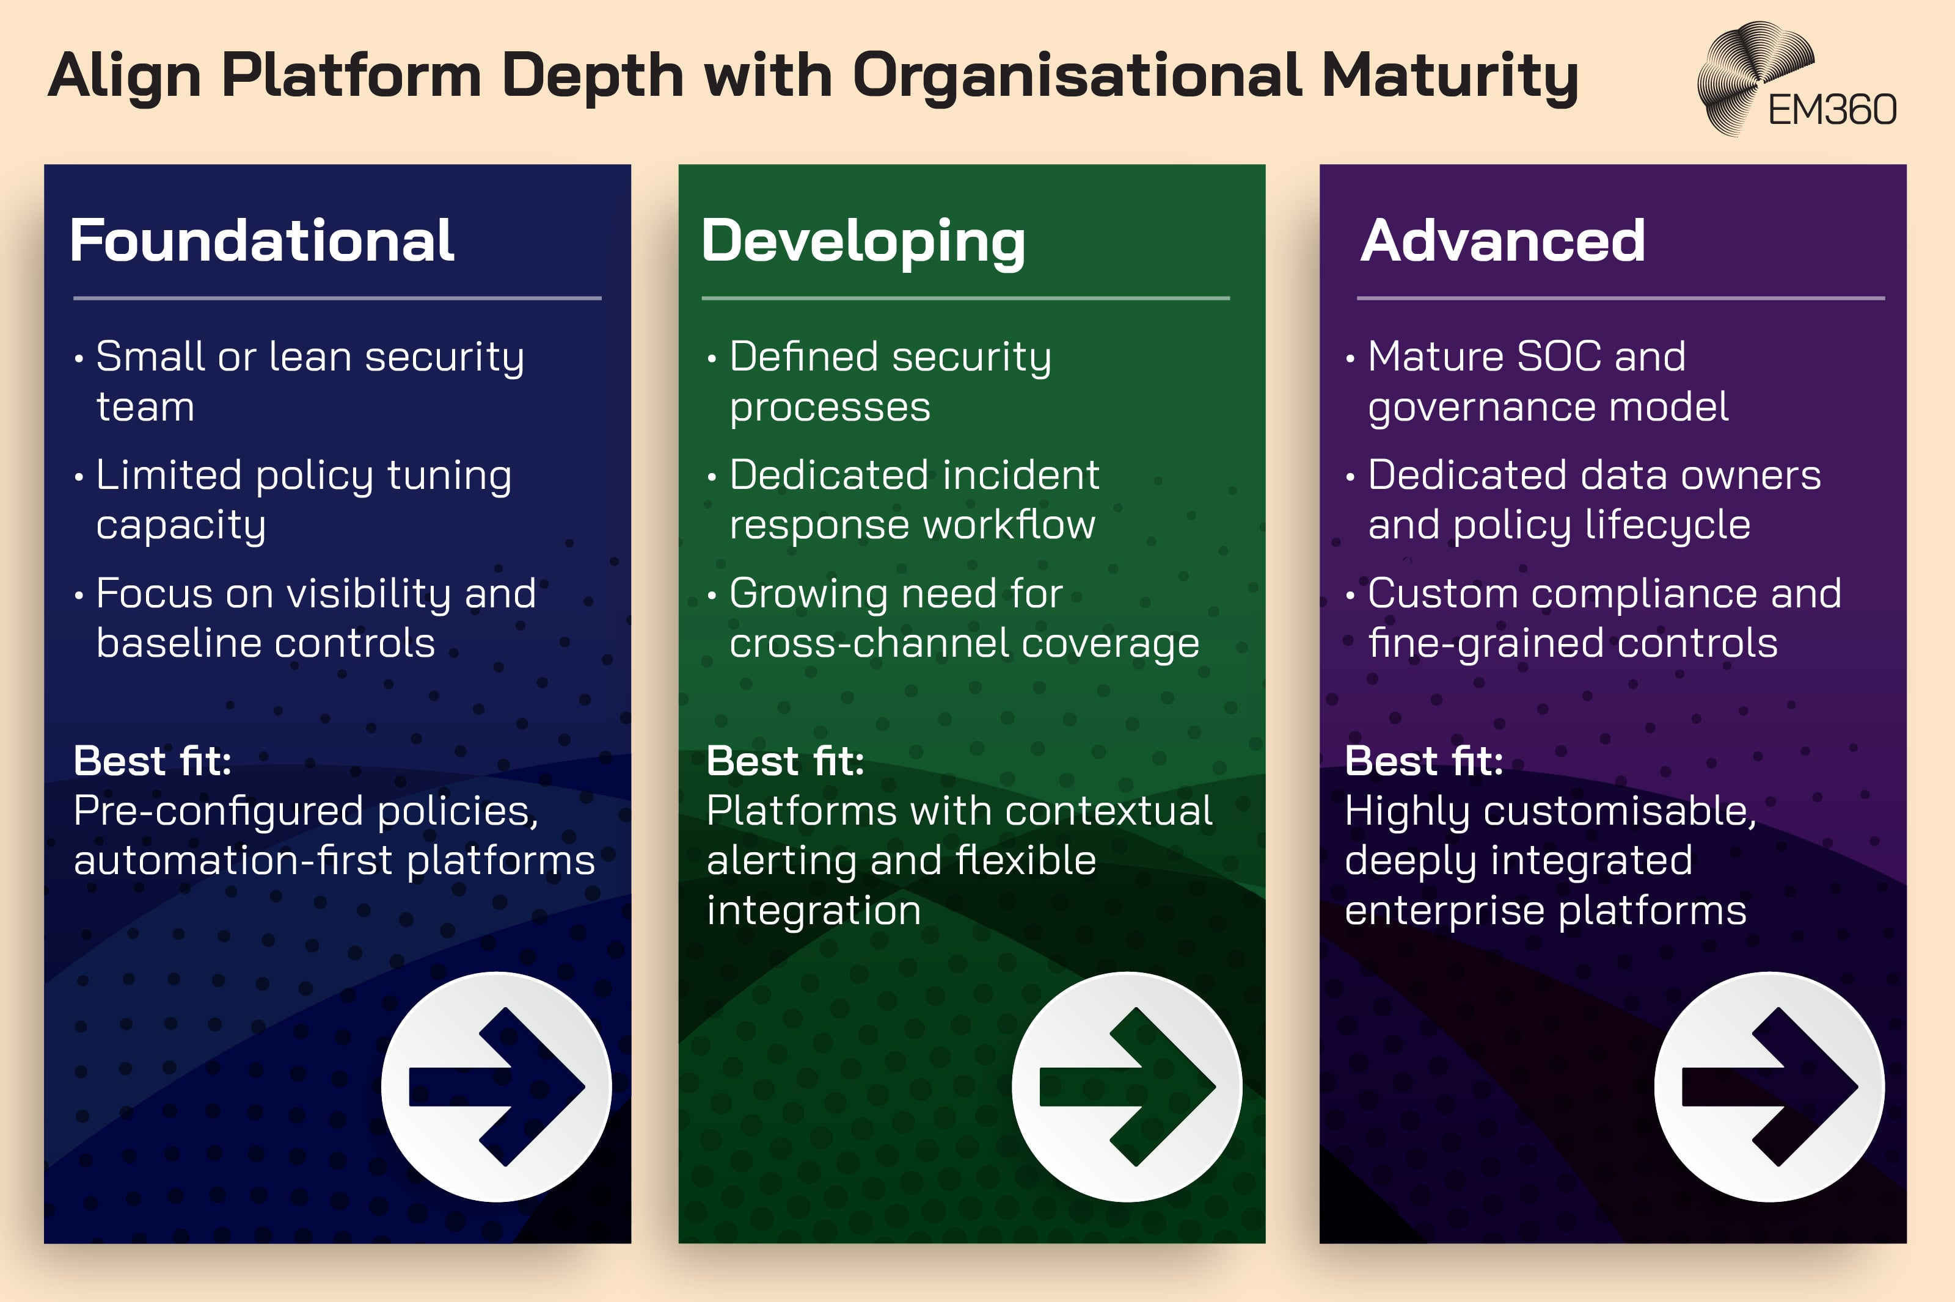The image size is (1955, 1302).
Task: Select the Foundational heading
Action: pyautogui.click(x=261, y=241)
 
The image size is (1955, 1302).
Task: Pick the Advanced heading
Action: pyautogui.click(x=1502, y=241)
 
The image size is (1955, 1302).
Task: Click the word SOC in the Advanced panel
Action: pyautogui.click(x=1559, y=357)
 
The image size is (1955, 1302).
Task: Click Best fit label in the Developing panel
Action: pyautogui.click(x=785, y=761)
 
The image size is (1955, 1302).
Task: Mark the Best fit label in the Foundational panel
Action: pyautogui.click(x=152, y=761)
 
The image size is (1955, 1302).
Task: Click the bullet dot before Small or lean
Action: pyautogui.click(x=79, y=360)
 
